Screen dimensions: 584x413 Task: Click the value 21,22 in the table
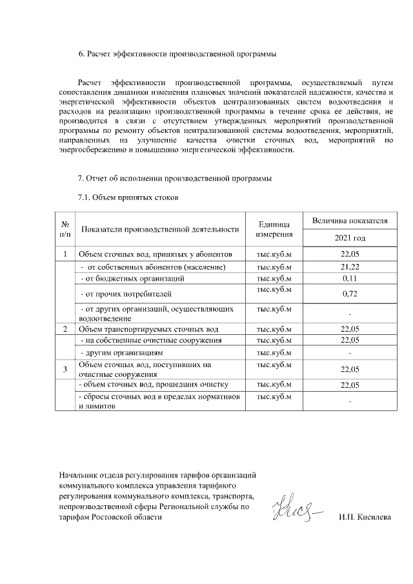click(349, 267)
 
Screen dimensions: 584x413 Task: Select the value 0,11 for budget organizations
click(349, 278)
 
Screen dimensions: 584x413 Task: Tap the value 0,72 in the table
click(349, 294)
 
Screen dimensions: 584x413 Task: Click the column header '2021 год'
click(349, 237)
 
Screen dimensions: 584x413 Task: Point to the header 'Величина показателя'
click(349, 221)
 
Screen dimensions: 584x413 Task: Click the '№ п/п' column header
click(65, 229)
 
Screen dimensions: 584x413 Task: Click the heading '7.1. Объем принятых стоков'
click(127, 196)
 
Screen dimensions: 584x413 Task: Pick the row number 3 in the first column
click(65, 369)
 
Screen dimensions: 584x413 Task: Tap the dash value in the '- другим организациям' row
click(349, 354)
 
